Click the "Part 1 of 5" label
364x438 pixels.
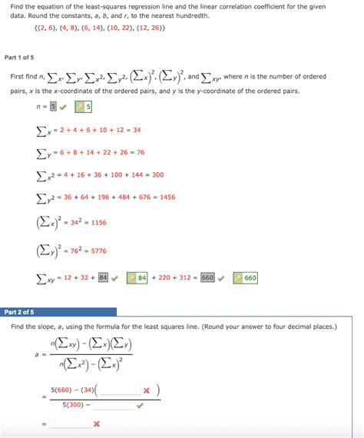22,58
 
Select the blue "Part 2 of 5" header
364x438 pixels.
19,312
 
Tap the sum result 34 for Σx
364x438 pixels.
136,130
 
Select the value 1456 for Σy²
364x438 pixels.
162,197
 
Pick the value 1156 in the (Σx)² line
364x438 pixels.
98,222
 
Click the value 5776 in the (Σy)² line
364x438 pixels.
98,250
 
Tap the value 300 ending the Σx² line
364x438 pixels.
157,174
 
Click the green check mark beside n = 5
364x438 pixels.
62,107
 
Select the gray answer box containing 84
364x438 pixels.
102,277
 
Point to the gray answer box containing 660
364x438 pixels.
207,277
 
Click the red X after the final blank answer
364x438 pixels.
97,423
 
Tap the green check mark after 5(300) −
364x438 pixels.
140,403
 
